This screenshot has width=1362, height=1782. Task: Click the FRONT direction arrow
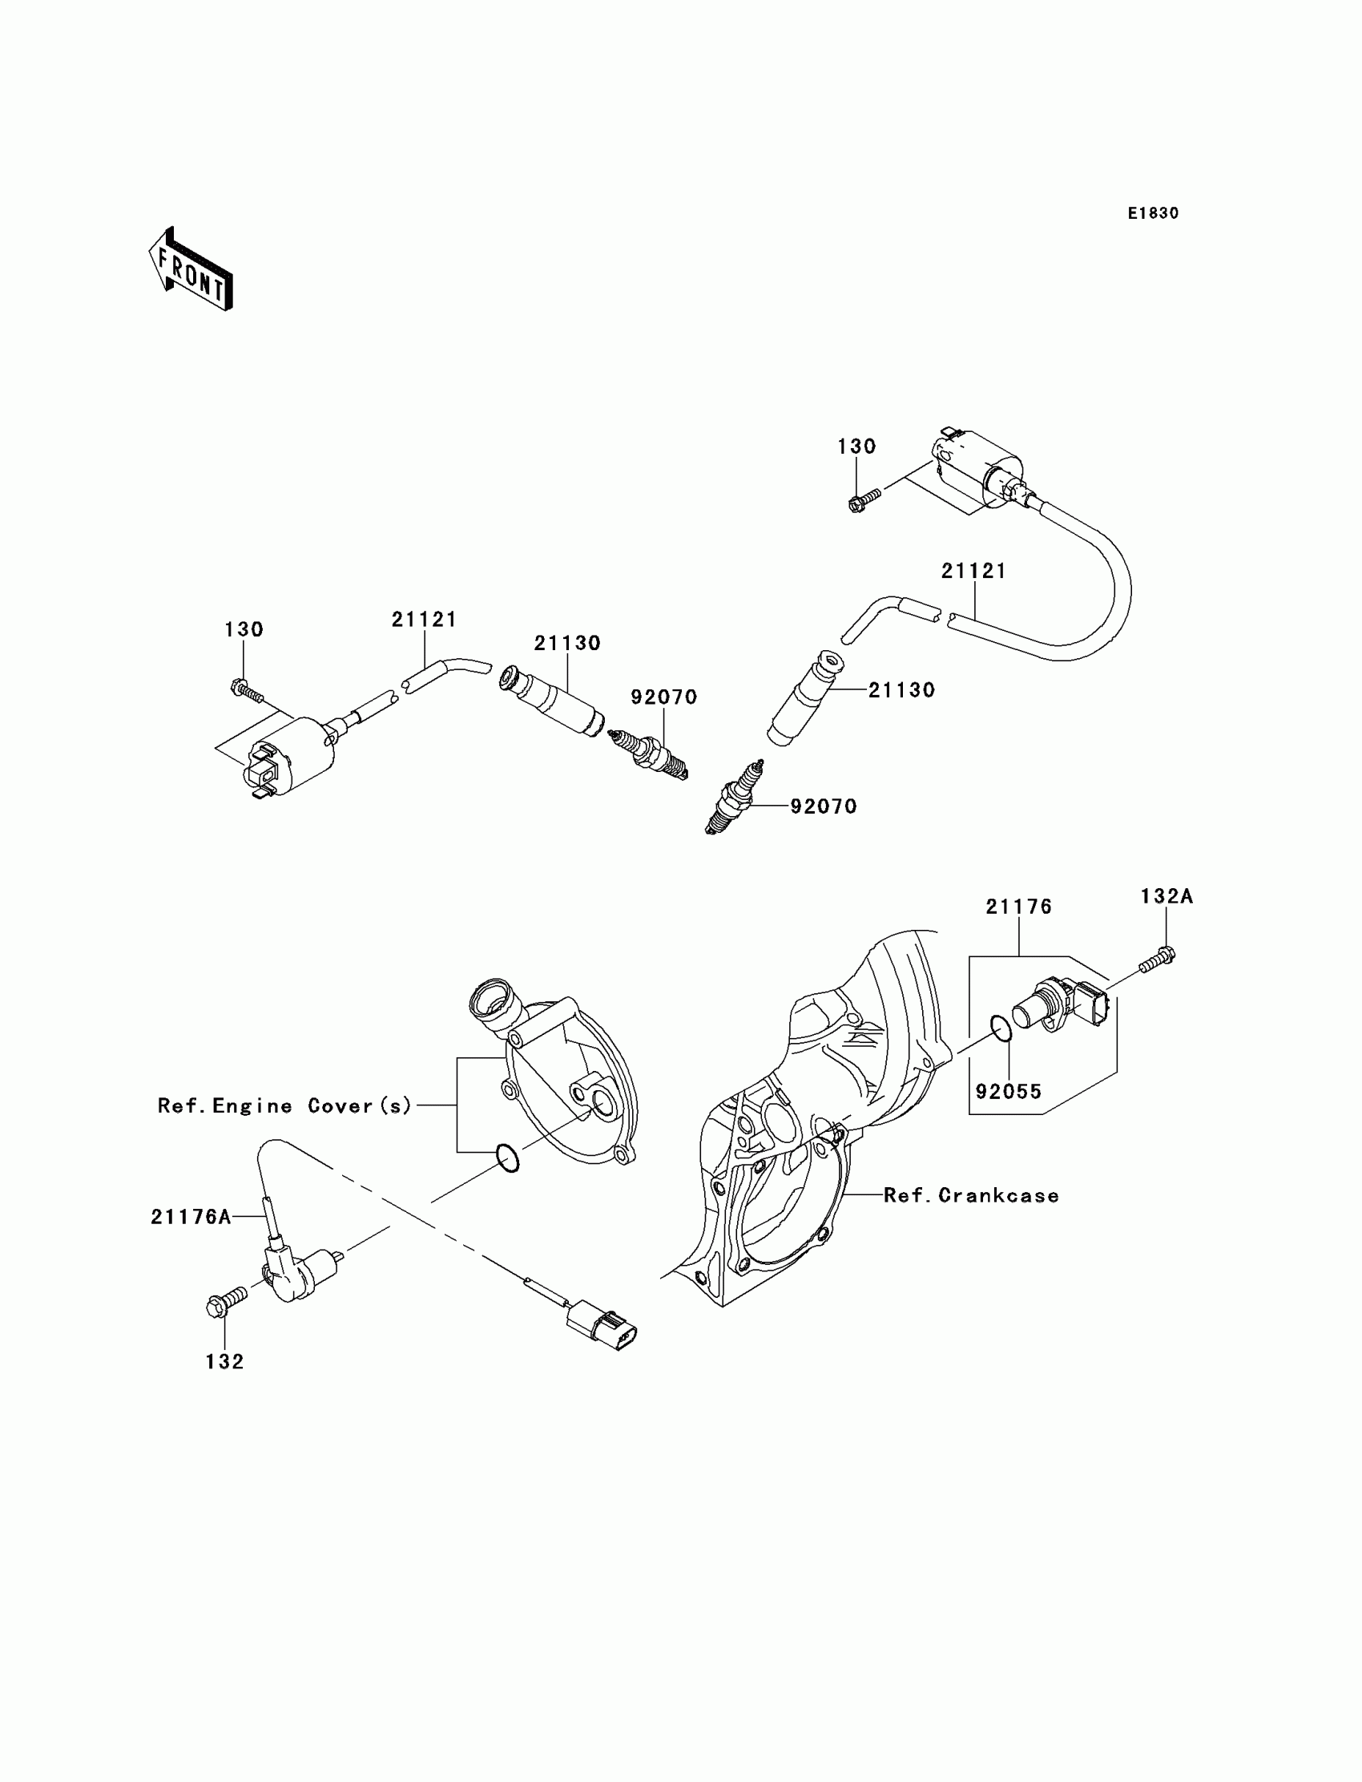[191, 269]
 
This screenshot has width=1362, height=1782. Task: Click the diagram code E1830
[1153, 213]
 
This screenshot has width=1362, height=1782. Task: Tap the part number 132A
[1167, 896]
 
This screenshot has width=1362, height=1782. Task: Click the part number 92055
[1009, 1091]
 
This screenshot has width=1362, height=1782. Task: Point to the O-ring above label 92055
[1001, 1028]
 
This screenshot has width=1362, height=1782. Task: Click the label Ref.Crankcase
[970, 1195]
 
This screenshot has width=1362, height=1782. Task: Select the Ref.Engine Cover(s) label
[284, 1105]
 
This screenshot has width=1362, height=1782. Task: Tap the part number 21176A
[191, 1217]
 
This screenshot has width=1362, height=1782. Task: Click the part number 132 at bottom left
[224, 1362]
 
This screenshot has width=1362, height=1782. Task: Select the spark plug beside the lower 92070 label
[735, 798]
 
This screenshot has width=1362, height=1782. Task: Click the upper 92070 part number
[664, 697]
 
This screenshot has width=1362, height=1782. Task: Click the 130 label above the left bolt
[244, 629]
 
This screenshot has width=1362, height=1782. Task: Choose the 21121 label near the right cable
[973, 571]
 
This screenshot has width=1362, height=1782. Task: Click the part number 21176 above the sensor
[1019, 907]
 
